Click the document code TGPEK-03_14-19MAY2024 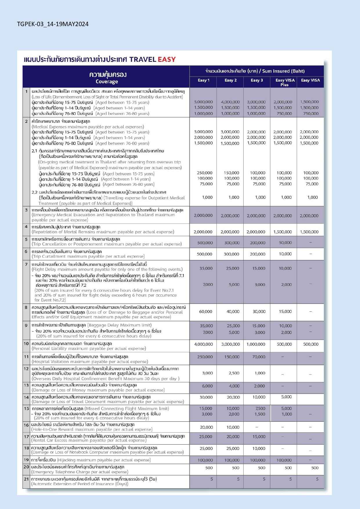point(53,24)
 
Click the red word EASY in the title point(167,59)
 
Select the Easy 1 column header point(203,80)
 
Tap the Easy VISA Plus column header point(285,82)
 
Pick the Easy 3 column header point(257,80)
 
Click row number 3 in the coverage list point(26,210)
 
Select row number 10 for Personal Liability point(26,344)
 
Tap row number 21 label point(26,479)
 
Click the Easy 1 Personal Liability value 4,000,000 point(203,344)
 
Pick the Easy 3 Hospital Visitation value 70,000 point(258,357)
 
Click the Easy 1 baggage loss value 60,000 point(205,312)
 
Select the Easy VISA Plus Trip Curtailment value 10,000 point(285,254)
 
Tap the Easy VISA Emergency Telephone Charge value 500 point(315,468)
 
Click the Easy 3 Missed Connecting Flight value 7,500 point(260,409)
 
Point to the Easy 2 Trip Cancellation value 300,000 point(231,243)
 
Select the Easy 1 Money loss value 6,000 point(207,386)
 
